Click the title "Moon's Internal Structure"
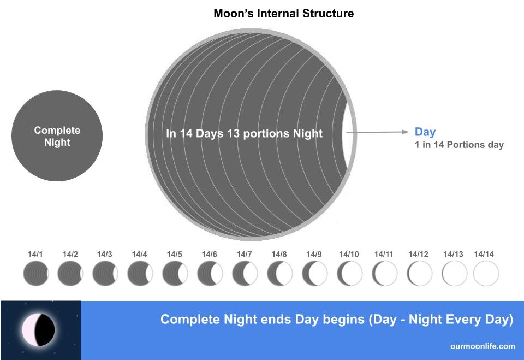click(x=283, y=13)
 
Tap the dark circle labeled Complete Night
click(x=57, y=136)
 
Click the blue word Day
click(x=425, y=132)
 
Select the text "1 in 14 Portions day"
click(x=459, y=145)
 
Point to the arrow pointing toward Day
click(x=377, y=132)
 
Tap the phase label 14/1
click(x=35, y=254)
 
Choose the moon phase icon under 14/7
click(x=245, y=273)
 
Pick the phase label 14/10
click(x=349, y=254)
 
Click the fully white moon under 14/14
click(x=486, y=273)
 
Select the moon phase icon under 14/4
click(x=140, y=273)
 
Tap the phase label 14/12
click(x=418, y=254)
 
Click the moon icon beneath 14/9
click(x=315, y=273)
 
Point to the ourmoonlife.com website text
click(x=483, y=346)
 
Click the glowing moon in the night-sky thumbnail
click(x=38, y=330)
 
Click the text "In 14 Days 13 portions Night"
click(x=244, y=133)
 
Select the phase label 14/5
click(x=174, y=254)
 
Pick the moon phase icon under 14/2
click(x=70, y=273)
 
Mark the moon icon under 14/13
click(x=454, y=273)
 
